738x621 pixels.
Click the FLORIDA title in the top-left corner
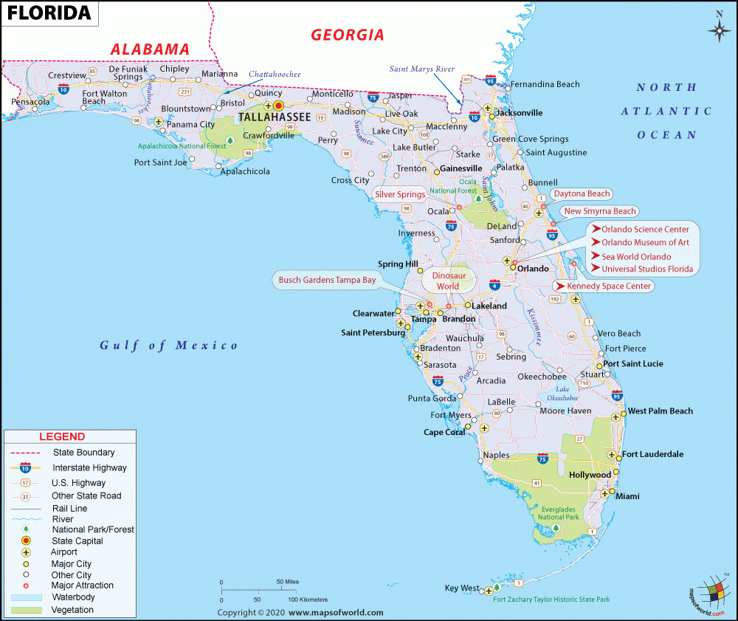pyautogui.click(x=49, y=13)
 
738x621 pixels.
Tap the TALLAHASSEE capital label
pyautogui.click(x=273, y=118)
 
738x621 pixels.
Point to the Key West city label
pyautogui.click(x=461, y=589)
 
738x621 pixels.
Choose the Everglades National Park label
pyautogui.click(x=558, y=512)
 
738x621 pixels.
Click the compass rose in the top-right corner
pyautogui.click(x=718, y=29)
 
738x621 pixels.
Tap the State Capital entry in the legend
pyautogui.click(x=77, y=541)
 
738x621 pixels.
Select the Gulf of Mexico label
pyautogui.click(x=169, y=345)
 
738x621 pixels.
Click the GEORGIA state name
pyautogui.click(x=347, y=35)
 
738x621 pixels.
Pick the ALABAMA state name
pyautogui.click(x=150, y=49)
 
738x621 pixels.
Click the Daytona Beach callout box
pyautogui.click(x=582, y=194)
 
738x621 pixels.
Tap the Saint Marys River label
pyautogui.click(x=422, y=69)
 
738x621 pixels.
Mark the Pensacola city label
pyautogui.click(x=30, y=102)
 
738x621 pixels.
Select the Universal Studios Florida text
pyautogui.click(x=646, y=269)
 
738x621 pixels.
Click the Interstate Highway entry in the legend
pyautogui.click(x=89, y=467)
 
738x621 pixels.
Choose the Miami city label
pyautogui.click(x=627, y=496)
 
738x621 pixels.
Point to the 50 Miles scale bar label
pyautogui.click(x=287, y=581)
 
